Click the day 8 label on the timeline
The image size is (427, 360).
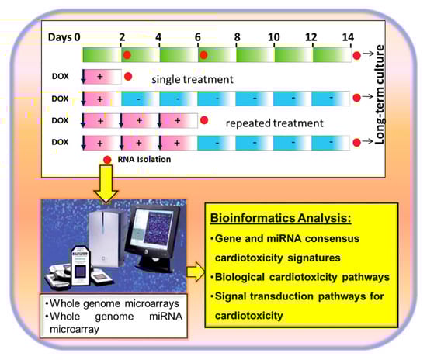point(238,36)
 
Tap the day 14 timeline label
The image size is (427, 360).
point(348,36)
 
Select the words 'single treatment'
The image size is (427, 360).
point(193,79)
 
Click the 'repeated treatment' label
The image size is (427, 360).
point(275,123)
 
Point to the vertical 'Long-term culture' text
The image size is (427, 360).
point(379,95)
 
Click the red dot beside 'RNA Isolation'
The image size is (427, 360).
point(107,160)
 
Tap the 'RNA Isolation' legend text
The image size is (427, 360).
point(144,159)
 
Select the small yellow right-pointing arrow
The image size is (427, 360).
point(196,272)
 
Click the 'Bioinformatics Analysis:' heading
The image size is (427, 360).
point(281,218)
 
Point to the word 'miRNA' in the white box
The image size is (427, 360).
point(165,317)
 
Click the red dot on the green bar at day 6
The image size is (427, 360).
point(203,55)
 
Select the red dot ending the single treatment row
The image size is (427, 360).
point(128,77)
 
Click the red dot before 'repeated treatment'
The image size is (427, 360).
point(204,120)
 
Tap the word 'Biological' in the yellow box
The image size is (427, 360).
point(240,277)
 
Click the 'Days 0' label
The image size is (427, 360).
point(64,37)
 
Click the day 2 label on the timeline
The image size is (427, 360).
point(122,36)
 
